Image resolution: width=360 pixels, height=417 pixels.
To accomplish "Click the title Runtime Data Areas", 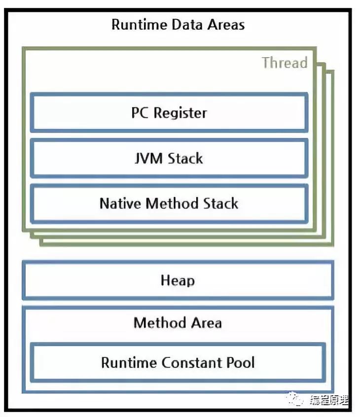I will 178,25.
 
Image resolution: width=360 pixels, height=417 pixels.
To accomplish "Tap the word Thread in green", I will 285,63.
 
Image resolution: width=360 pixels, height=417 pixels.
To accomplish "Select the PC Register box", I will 169,113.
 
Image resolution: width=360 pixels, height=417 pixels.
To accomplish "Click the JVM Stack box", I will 169,158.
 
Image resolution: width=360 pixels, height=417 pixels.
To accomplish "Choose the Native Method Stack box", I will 169,204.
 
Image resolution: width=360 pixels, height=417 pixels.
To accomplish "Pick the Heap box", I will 178,280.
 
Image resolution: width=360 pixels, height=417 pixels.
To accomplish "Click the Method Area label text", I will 178,323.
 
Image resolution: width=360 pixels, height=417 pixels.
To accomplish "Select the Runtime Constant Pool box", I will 178,363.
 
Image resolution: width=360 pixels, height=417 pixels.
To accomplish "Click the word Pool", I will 240,363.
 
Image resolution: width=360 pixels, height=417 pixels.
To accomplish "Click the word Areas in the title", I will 224,25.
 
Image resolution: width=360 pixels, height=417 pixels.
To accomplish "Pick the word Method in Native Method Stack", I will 170,204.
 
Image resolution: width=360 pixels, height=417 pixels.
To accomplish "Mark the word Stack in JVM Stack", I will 185,158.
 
